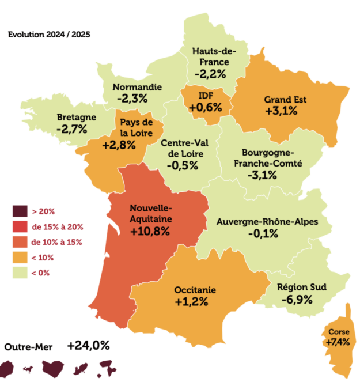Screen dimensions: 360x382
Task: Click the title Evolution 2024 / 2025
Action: pyautogui.click(x=49, y=34)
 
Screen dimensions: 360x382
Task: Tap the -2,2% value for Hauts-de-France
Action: pyautogui.click(x=211, y=74)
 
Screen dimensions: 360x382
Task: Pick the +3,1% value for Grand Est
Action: pyautogui.click(x=282, y=111)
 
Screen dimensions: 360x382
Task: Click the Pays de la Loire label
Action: pyautogui.click(x=136, y=128)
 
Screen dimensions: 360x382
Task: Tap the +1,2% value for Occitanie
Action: pyautogui.click(x=192, y=302)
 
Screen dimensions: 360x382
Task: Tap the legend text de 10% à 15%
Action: pyautogui.click(x=58, y=242)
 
